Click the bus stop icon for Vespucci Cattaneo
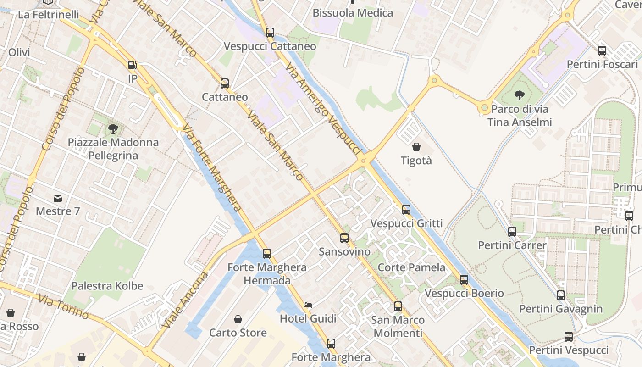[x=270, y=33]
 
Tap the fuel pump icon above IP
[x=132, y=66]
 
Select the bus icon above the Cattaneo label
[x=225, y=83]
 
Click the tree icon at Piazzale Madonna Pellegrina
[x=113, y=129]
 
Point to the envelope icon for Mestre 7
[x=58, y=198]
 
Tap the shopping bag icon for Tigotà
[x=416, y=147]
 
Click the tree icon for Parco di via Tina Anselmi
[x=520, y=95]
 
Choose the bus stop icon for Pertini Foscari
[x=602, y=51]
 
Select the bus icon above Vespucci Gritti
[x=406, y=210]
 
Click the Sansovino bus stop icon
[x=344, y=238]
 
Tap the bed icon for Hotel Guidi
[x=308, y=305]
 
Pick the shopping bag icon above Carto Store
[x=238, y=319]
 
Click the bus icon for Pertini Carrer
[x=512, y=232]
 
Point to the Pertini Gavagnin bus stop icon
[x=561, y=295]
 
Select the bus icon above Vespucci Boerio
[x=464, y=279]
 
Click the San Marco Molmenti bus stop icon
[x=398, y=306]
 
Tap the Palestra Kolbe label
[x=107, y=286]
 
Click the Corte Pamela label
[x=411, y=267]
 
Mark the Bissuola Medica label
[x=353, y=13]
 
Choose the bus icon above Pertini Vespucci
[x=569, y=337]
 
